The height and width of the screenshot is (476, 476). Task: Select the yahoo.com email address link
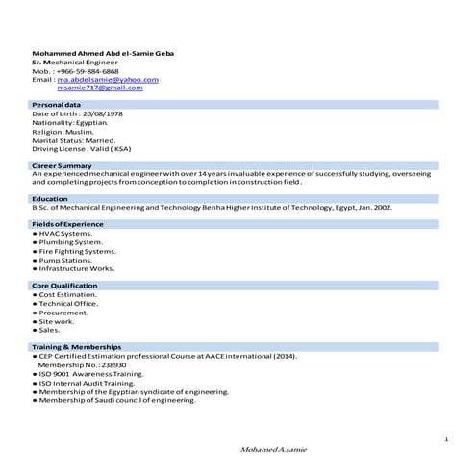click(108, 79)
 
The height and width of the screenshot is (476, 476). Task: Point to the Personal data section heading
click(57, 104)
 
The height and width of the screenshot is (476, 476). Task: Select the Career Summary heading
click(63, 166)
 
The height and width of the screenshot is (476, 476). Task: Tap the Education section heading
click(50, 198)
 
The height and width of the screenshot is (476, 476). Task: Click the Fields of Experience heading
click(67, 224)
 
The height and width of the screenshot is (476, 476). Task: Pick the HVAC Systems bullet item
click(65, 233)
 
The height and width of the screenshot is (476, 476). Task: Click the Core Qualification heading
click(64, 286)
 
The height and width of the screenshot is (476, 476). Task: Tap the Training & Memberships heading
click(77, 346)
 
